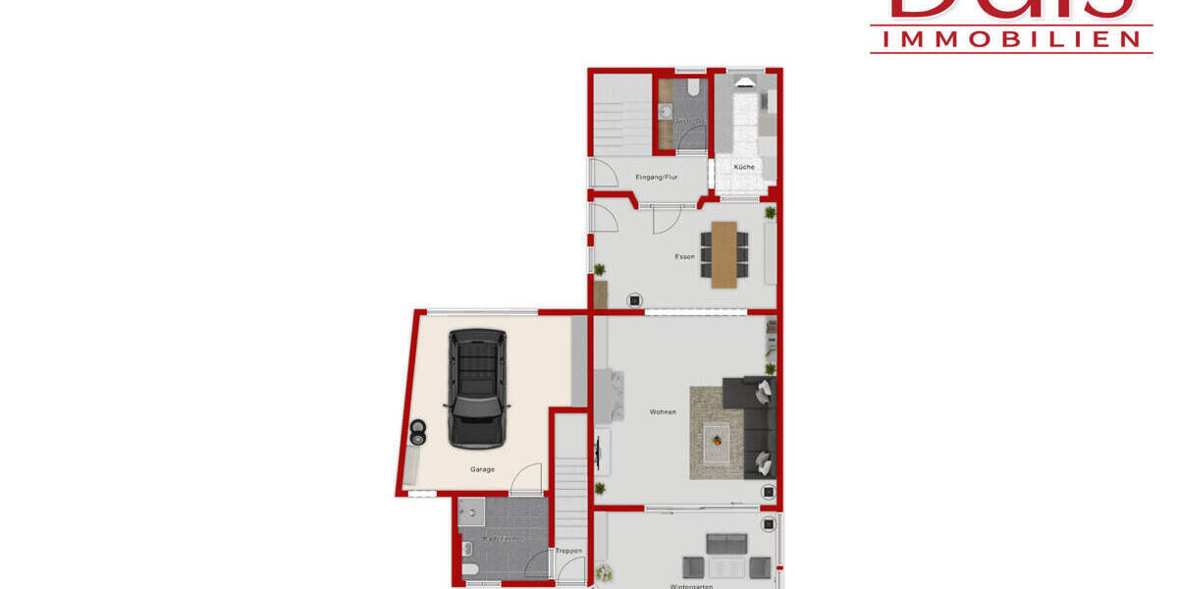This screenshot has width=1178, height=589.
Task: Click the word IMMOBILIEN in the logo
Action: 1011,38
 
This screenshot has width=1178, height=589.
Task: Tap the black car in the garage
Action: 477,388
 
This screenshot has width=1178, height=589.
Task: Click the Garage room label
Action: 482,469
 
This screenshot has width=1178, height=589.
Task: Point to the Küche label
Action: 744,167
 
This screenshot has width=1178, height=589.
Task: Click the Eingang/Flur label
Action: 657,177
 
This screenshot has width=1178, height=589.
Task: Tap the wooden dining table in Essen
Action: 724,254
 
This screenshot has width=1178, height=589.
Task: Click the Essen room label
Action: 684,257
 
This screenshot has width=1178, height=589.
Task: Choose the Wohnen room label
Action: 663,411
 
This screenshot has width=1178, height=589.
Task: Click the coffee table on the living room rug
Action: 717,437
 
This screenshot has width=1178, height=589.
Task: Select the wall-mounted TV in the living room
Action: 598,454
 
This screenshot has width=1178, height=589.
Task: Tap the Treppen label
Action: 569,551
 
